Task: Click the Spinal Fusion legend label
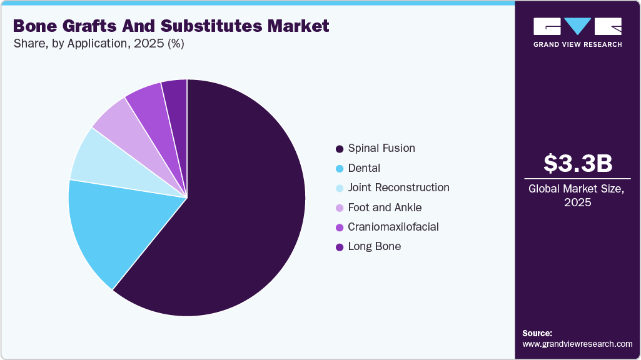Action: [381, 148]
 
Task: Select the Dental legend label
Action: [364, 168]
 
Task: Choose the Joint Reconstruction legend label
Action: [398, 187]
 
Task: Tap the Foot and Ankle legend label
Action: [385, 207]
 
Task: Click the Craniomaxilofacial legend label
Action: [393, 227]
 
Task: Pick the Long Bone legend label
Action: [375, 246]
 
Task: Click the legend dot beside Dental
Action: [340, 169]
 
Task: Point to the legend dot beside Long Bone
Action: [340, 247]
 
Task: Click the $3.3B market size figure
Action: [577, 163]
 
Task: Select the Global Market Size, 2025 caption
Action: [577, 196]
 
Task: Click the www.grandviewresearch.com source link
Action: [577, 344]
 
